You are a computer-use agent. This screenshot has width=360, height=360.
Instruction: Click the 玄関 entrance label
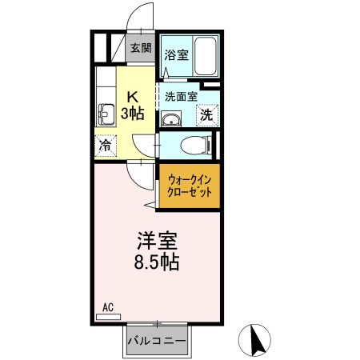(141, 48)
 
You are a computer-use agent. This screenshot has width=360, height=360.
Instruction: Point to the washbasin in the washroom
(170, 119)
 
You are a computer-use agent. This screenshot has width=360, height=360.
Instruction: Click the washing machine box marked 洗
(206, 114)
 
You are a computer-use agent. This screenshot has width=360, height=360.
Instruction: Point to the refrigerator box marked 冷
(104, 146)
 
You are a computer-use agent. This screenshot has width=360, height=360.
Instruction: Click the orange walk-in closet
(189, 188)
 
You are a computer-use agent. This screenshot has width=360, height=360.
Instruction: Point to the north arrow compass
(258, 340)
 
